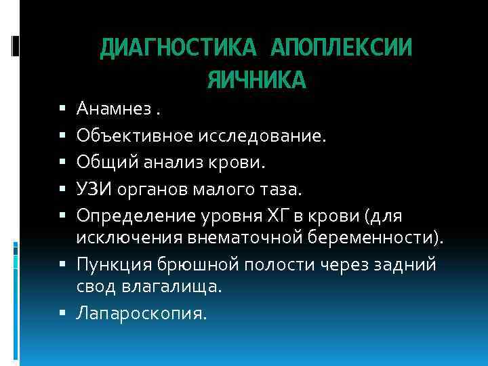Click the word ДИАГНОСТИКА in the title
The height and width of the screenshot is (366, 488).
(x=179, y=48)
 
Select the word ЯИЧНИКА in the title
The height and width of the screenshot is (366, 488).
(x=256, y=81)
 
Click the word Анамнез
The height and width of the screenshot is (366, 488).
(x=106, y=108)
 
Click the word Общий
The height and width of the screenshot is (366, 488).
(x=101, y=163)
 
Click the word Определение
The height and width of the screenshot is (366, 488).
(x=134, y=216)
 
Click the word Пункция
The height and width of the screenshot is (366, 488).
(x=110, y=264)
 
